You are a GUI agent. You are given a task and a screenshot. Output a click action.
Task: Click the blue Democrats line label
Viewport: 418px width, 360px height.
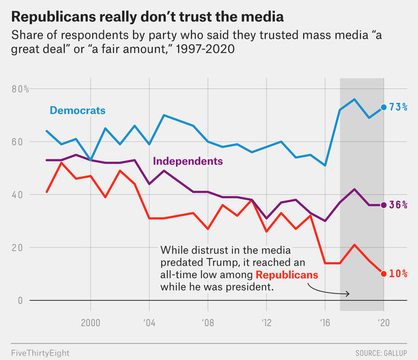pyautogui.click(x=78, y=110)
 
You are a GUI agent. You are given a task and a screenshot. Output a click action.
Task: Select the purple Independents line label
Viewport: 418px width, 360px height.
pyautogui.click(x=188, y=161)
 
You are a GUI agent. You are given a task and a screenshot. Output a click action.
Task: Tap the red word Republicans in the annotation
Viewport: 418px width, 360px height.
pyautogui.click(x=287, y=275)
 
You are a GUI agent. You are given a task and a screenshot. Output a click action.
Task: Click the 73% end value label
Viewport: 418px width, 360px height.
pyautogui.click(x=398, y=107)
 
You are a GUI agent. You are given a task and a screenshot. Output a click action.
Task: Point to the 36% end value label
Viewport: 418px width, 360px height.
pyautogui.click(x=398, y=205)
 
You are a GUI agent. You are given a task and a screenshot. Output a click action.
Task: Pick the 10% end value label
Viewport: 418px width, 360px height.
pyautogui.click(x=398, y=273)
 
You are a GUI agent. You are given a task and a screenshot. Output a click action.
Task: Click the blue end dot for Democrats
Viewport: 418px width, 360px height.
pyautogui.click(x=383, y=107)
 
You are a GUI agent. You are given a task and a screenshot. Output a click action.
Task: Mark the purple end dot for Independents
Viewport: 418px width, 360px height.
pyautogui.click(x=383, y=205)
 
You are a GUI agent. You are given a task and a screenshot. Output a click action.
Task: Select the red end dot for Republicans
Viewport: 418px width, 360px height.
pyautogui.click(x=383, y=274)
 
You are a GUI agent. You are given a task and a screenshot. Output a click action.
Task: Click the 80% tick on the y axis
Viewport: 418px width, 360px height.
pyautogui.click(x=20, y=89)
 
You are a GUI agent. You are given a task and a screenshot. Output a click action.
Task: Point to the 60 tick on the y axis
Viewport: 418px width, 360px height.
pyautogui.click(x=17, y=142)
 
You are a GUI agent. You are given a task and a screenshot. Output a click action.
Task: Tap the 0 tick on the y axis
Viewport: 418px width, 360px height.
pyautogui.click(x=20, y=301)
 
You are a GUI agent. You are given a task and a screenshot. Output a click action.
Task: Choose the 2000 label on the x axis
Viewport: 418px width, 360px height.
pyautogui.click(x=91, y=323)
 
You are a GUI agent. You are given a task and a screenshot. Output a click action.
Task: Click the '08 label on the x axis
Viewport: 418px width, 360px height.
pyautogui.click(x=208, y=323)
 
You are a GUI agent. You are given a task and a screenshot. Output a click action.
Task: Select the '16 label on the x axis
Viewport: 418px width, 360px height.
pyautogui.click(x=325, y=323)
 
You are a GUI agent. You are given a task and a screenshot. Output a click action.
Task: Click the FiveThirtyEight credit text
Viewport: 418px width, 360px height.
pyautogui.click(x=40, y=353)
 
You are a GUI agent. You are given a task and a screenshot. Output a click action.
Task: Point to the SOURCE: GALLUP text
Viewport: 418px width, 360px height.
pyautogui.click(x=381, y=353)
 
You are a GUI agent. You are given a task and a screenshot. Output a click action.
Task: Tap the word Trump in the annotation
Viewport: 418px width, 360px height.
pyautogui.click(x=220, y=262)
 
